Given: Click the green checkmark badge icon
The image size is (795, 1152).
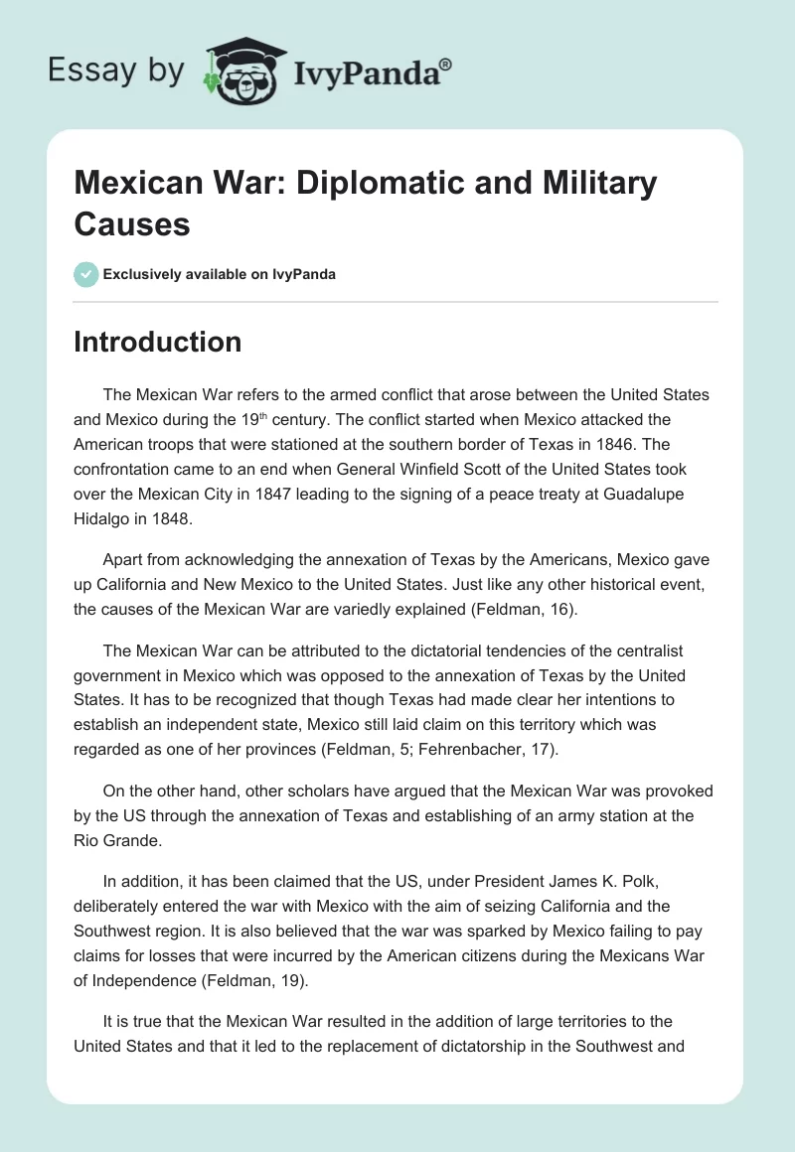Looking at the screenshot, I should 86,274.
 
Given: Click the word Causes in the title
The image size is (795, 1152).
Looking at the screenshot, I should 131,223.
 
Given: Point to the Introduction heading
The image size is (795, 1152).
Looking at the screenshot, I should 157,342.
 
